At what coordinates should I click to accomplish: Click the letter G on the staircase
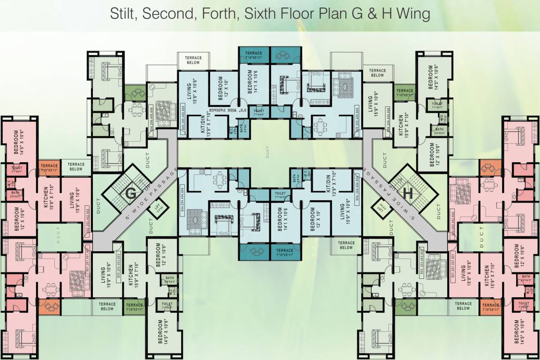(x=131, y=192)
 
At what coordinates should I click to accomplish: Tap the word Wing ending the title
(x=412, y=14)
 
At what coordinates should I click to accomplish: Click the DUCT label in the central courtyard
(x=268, y=153)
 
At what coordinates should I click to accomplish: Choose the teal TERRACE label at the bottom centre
(x=285, y=252)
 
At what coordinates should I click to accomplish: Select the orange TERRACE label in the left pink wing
(x=48, y=168)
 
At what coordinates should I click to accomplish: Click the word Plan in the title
(x=340, y=14)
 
